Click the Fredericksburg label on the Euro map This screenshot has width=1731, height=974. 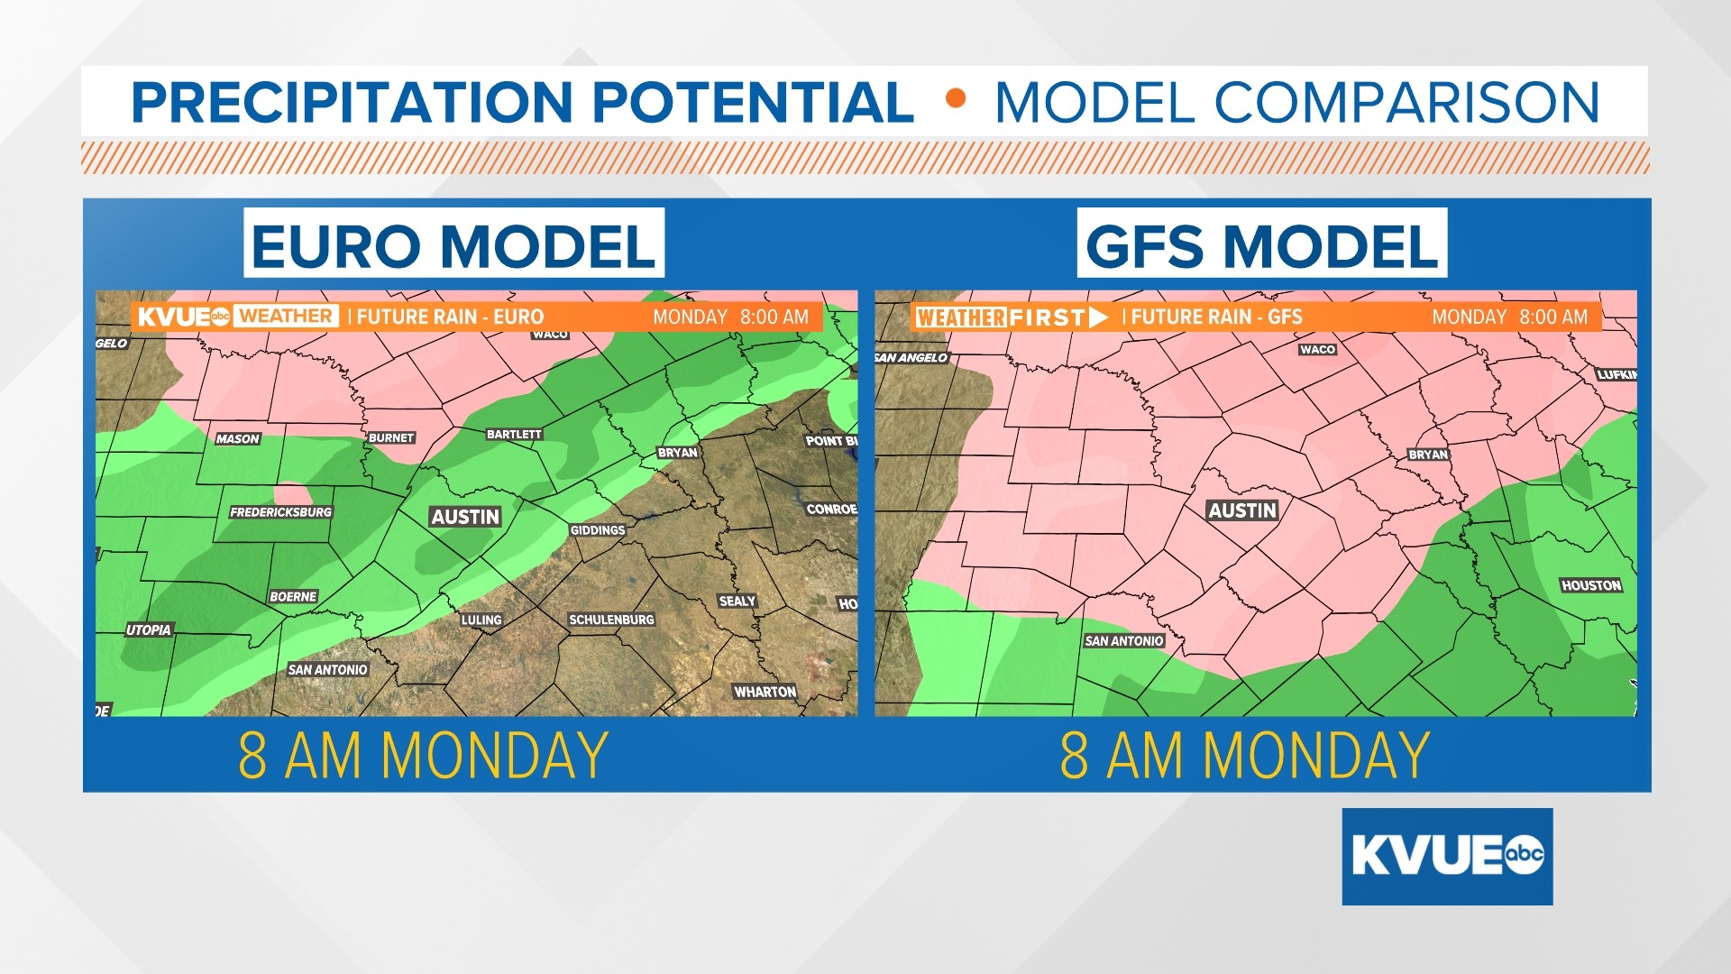[x=280, y=512]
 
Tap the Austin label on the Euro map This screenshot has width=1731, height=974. [x=464, y=517]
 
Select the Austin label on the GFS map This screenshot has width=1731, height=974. [x=1242, y=510]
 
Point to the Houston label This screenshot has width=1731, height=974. [x=1590, y=585]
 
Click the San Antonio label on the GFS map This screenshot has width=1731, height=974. [x=1123, y=641]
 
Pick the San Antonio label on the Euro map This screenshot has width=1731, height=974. [x=327, y=670]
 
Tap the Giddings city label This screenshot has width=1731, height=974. [x=597, y=530]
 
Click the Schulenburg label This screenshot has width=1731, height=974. [x=611, y=620]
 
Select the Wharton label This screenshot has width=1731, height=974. [x=765, y=692]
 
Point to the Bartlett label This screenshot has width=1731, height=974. [x=514, y=435]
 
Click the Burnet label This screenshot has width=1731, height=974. [x=391, y=438]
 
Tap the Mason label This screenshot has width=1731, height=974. [x=237, y=439]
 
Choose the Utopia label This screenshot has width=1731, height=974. [x=148, y=630]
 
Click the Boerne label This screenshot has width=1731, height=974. [x=293, y=597]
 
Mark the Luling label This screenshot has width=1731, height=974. [x=481, y=620]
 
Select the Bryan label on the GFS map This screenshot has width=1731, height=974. [x=1428, y=455]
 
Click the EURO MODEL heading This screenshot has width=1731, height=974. [x=453, y=244]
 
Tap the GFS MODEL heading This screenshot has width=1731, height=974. [x=1261, y=244]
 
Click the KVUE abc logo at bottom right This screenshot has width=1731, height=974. [x=1447, y=856]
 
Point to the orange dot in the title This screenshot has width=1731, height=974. [x=956, y=98]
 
